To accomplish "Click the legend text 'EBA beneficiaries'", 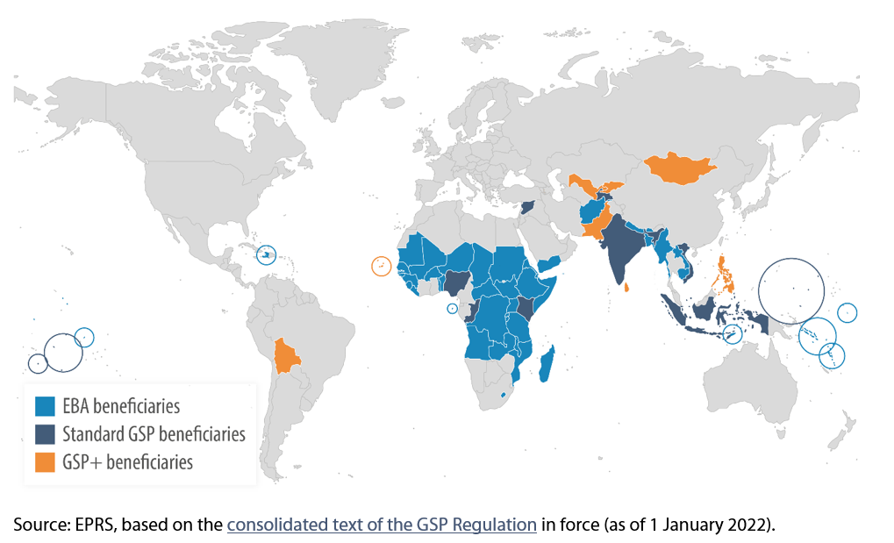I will coord(120,406).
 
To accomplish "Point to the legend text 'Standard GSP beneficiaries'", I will coord(154,433).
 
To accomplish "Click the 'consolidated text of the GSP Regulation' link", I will coord(382,525).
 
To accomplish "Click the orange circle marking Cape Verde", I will coord(381,266).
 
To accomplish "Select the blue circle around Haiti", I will coord(267,254).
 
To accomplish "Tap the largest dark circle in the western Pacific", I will coord(791,289).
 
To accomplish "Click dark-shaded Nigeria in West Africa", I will coord(456,281).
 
